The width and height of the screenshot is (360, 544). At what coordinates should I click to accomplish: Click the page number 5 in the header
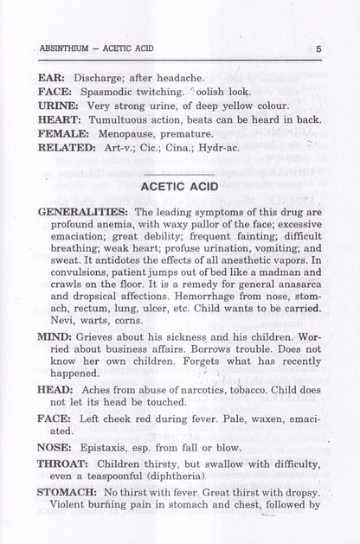(318, 49)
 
